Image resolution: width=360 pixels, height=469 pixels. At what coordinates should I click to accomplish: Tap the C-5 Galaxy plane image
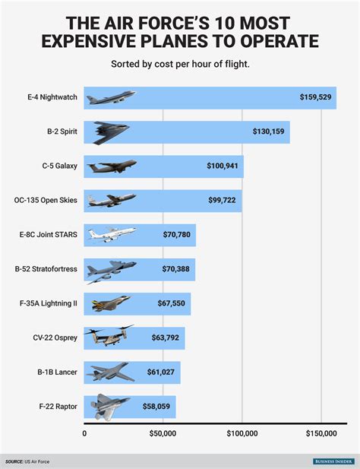click(111, 166)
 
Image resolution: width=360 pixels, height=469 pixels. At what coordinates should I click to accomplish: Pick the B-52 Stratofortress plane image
click(111, 269)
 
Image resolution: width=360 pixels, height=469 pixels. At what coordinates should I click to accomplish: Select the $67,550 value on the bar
click(170, 303)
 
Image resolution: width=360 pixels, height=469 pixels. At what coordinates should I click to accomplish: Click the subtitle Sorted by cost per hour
click(179, 64)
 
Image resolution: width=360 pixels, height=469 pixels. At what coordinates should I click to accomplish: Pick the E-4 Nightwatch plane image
click(111, 97)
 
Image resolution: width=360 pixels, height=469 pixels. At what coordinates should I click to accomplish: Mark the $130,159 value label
click(269, 132)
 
